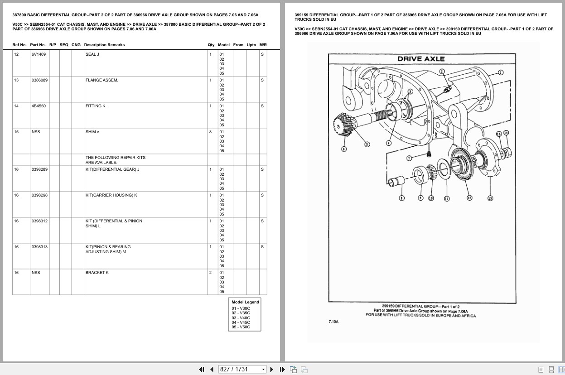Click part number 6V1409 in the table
pyautogui.click(x=39, y=54)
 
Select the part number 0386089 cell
pyautogui.click(x=39, y=80)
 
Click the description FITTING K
pyautogui.click(x=95, y=106)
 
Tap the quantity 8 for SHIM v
pyautogui.click(x=210, y=132)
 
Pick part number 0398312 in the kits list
pyautogui.click(x=39, y=221)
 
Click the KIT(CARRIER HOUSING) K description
pyautogui.click(x=111, y=195)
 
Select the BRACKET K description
pyautogui.click(x=97, y=273)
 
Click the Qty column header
pyautogui.click(x=211, y=45)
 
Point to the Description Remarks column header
pyautogui.click(x=104, y=45)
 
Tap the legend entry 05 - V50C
pyautogui.click(x=241, y=327)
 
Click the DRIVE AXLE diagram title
pyautogui.click(x=421, y=59)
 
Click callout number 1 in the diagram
pyautogui.click(x=500, y=72)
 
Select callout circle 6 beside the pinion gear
pyautogui.click(x=343, y=149)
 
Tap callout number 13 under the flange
pyautogui.click(x=490, y=198)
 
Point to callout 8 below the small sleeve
pyautogui.click(x=401, y=198)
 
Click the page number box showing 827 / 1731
pyautogui.click(x=242, y=369)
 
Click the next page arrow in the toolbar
pyautogui.click(x=272, y=369)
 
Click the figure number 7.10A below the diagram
pyautogui.click(x=333, y=322)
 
